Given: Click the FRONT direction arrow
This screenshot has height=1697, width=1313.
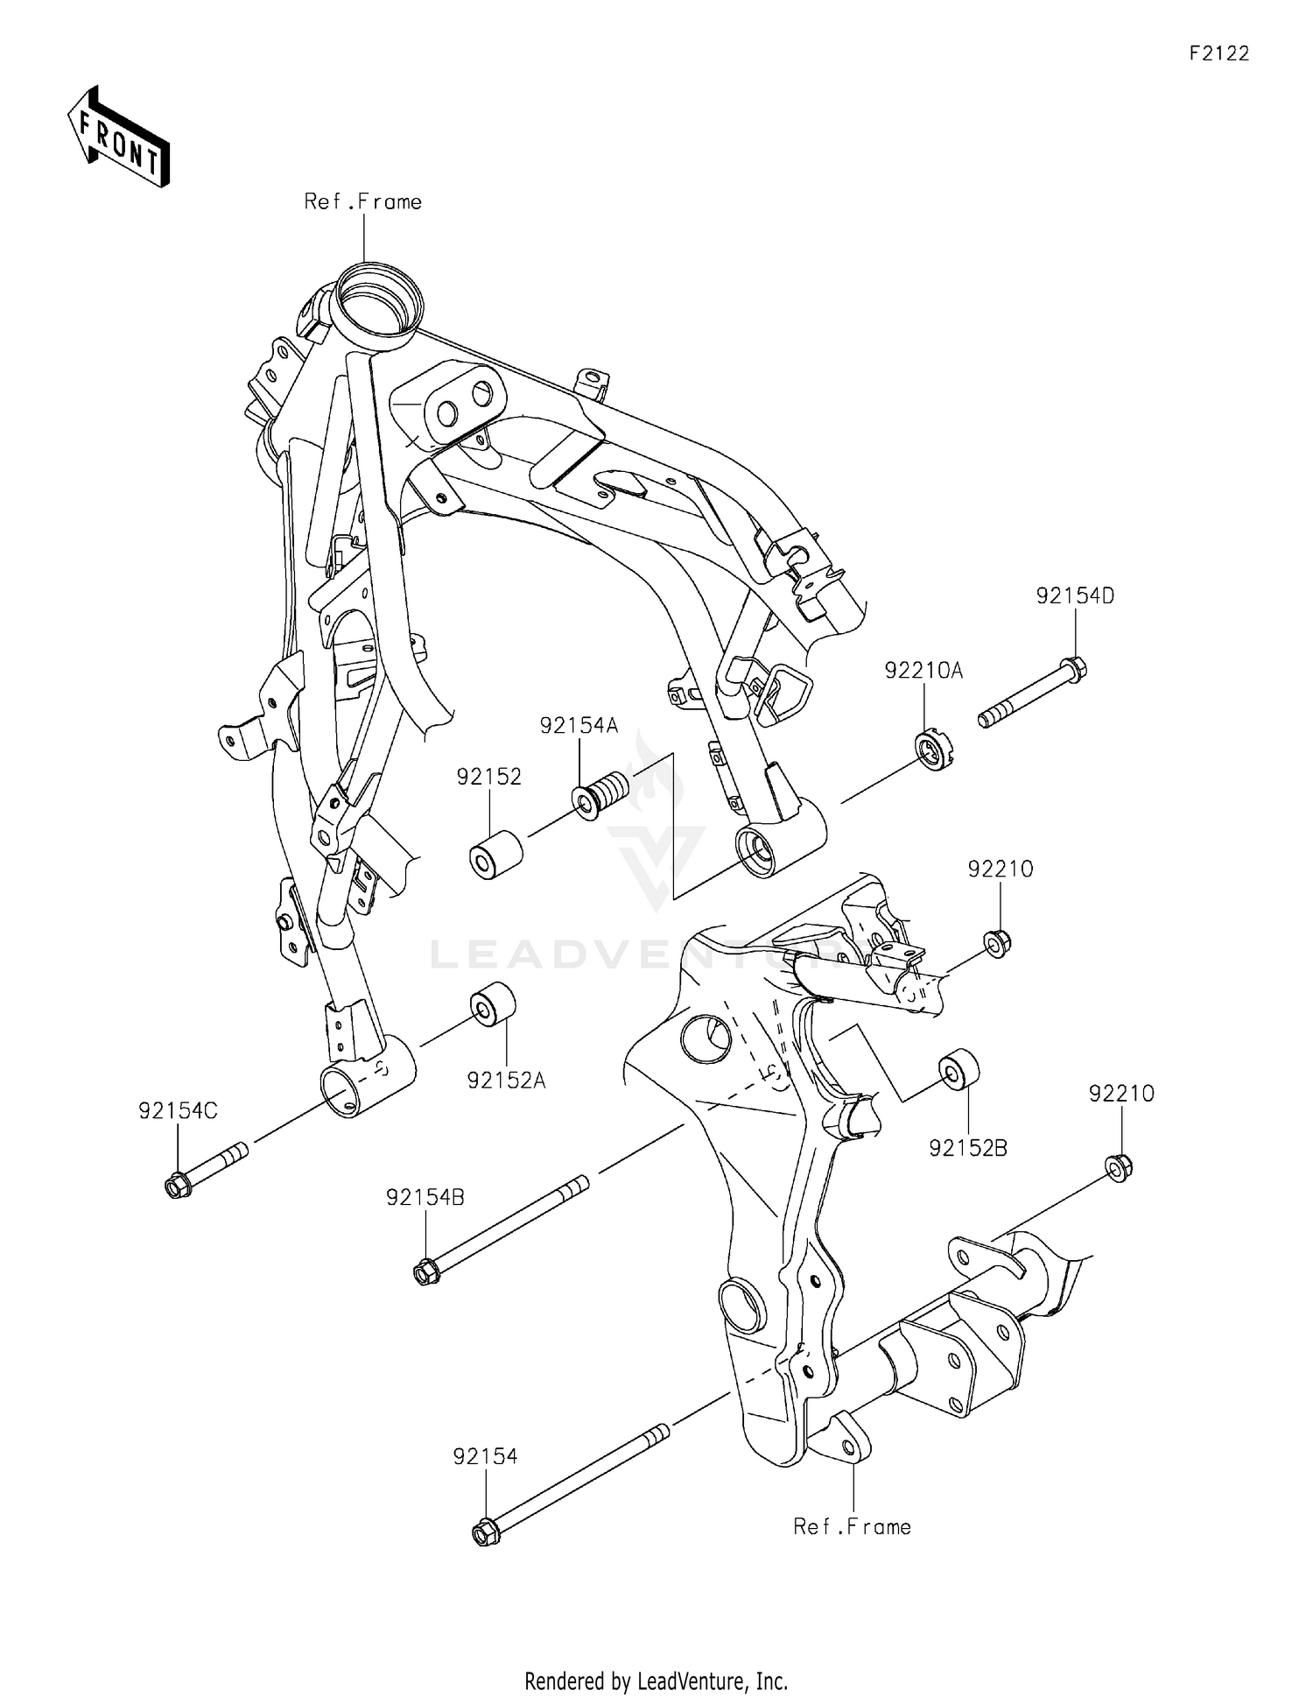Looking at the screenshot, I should pyautogui.click(x=117, y=137).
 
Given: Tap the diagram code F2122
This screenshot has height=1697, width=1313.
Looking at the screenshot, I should pyautogui.click(x=1218, y=54).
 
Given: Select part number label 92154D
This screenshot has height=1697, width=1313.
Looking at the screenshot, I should pyautogui.click(x=1075, y=596).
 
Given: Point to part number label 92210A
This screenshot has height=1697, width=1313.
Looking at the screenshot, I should pyautogui.click(x=923, y=671).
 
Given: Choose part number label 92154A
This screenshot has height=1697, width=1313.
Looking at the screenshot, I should pyautogui.click(x=579, y=725).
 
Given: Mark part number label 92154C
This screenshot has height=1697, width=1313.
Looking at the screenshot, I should pyautogui.click(x=178, y=1111).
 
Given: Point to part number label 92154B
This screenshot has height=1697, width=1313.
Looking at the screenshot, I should pyautogui.click(x=425, y=1197).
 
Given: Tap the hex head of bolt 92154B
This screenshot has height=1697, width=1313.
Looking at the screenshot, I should pyautogui.click(x=426, y=1271).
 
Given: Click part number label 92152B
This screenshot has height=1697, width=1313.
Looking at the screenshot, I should pyautogui.click(x=968, y=1148).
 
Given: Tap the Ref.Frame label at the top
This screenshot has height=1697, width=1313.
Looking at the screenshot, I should pyautogui.click(x=362, y=202).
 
